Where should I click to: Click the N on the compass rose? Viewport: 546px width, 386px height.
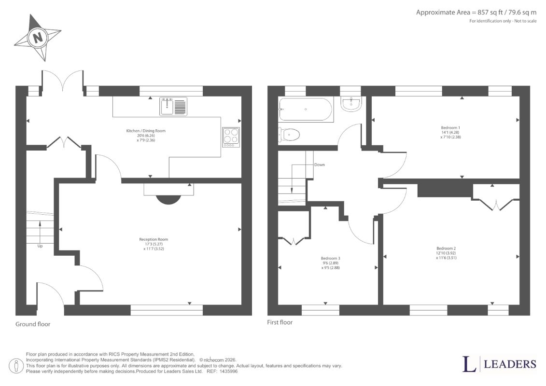(x=38, y=37)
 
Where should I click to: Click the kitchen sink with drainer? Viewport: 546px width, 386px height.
(x=173, y=106)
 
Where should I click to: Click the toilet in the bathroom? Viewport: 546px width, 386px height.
(x=289, y=134)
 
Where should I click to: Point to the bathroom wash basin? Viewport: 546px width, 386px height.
(x=351, y=104)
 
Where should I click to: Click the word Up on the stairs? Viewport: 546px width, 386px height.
(x=40, y=246)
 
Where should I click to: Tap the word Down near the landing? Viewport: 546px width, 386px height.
(x=319, y=165)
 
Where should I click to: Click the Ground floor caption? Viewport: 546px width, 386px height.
(x=33, y=324)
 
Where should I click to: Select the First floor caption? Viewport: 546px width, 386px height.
(x=280, y=322)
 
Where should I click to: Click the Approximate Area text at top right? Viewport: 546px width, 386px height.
(x=476, y=13)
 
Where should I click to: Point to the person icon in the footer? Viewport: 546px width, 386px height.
(x=16, y=366)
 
